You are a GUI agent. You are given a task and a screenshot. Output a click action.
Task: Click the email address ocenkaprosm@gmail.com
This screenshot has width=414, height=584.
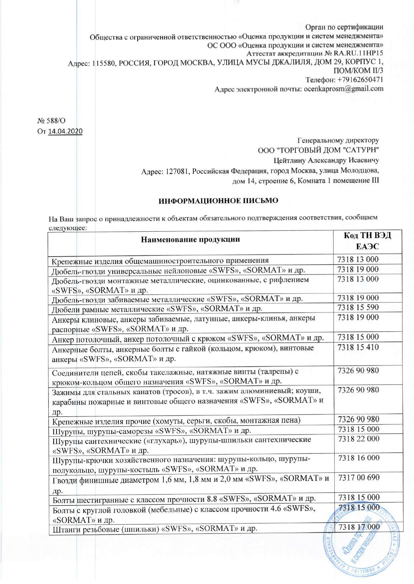[x=343, y=89]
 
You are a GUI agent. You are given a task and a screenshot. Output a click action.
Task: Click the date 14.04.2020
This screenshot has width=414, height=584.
[x=65, y=131]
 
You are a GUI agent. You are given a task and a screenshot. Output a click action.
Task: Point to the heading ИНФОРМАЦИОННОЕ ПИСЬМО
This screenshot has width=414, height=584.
[x=218, y=201]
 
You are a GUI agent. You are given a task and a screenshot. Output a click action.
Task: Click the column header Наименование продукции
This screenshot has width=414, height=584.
[x=190, y=240]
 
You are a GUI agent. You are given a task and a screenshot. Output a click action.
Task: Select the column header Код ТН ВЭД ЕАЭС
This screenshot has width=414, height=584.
[x=367, y=241]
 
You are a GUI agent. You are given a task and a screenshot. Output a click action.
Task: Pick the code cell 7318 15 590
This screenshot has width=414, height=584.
[x=358, y=307]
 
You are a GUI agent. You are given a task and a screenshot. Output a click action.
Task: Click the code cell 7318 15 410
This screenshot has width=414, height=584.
[x=358, y=347]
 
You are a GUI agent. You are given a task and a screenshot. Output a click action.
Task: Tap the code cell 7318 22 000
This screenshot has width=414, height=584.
[x=358, y=439]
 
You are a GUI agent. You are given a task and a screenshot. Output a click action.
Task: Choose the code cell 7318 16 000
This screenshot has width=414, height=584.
[x=358, y=458]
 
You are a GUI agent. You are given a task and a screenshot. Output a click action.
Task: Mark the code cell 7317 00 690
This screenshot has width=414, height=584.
[x=358, y=478]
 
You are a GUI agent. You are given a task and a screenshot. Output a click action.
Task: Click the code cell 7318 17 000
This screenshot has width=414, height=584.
[x=359, y=527]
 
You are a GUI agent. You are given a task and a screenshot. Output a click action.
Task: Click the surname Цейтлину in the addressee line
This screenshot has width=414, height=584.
[x=289, y=161]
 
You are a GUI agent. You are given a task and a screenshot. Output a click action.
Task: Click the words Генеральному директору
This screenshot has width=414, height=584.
[x=338, y=140]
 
